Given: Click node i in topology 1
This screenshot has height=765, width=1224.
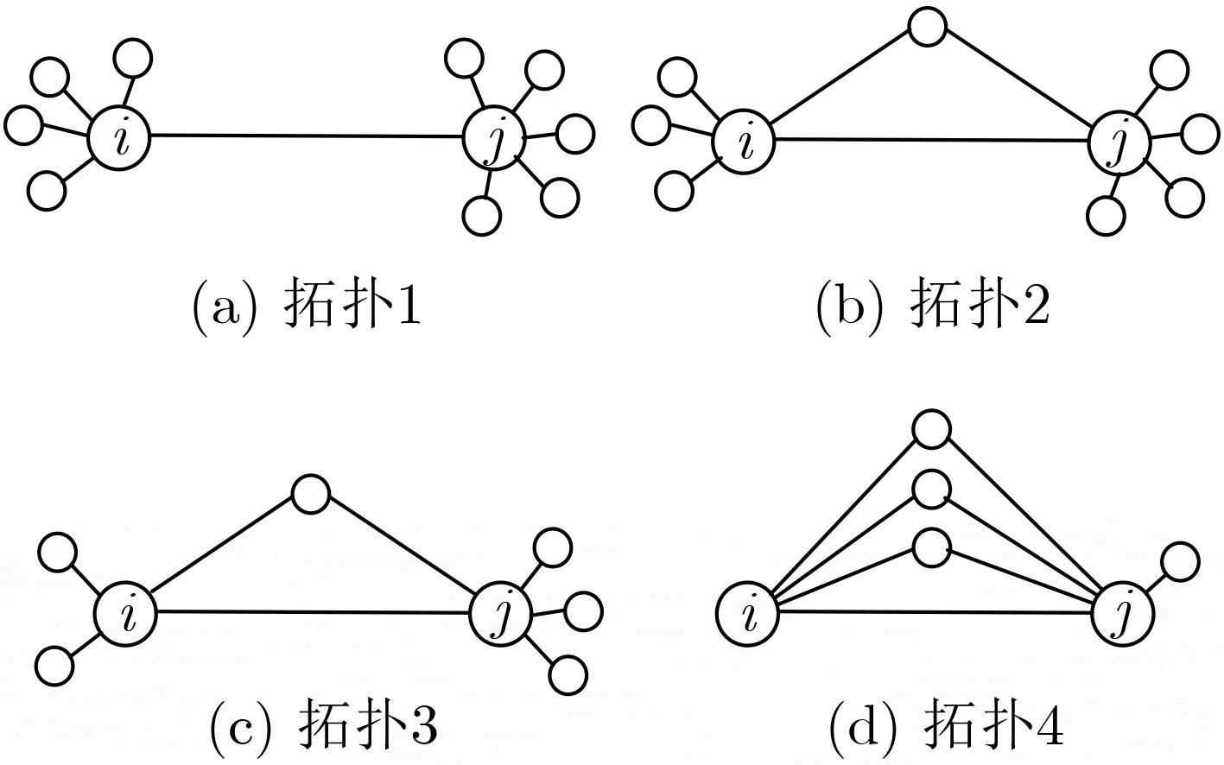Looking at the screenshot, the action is coord(118,138).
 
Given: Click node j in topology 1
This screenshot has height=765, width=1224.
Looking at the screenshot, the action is coord(494,137).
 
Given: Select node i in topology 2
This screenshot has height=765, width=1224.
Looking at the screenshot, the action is coord(744,142).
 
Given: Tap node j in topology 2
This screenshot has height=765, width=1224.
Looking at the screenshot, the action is coord(1119,142).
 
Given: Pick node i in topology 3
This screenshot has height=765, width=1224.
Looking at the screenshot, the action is coord(125,612).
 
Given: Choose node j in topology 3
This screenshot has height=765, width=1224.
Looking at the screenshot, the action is coord(501,614).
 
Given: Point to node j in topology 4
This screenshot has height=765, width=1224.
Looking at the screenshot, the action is coord(1122,614).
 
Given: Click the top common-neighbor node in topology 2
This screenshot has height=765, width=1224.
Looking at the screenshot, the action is coord(928,26).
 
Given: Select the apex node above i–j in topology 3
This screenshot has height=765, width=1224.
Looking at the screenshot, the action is coord(311,494).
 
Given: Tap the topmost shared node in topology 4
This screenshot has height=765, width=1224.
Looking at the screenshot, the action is coord(932,430).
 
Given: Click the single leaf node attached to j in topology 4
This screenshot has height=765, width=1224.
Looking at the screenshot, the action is coord(1180,561).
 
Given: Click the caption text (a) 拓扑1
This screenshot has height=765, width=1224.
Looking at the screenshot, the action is coord(307,304).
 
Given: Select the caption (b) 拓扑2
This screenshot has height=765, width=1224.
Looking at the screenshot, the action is coord(933,304).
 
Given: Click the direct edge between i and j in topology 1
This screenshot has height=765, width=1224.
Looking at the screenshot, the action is coord(306,136).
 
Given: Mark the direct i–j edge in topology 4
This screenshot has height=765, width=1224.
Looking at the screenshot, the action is coord(935,613).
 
